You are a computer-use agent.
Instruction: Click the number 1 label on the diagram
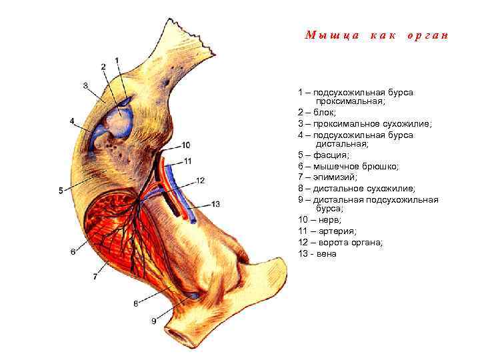coord(117,61)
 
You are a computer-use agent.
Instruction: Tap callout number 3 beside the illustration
coord(86,85)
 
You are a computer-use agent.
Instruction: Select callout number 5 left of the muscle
coord(61,191)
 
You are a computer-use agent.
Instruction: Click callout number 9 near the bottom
coord(153,321)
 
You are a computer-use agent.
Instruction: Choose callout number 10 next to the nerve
coord(185,145)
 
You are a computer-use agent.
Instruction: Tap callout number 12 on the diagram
coord(200,181)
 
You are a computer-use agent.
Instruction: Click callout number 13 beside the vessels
coord(215,203)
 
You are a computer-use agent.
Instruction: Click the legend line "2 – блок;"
coord(318,113)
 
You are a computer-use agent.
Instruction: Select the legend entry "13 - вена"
coord(317,253)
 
